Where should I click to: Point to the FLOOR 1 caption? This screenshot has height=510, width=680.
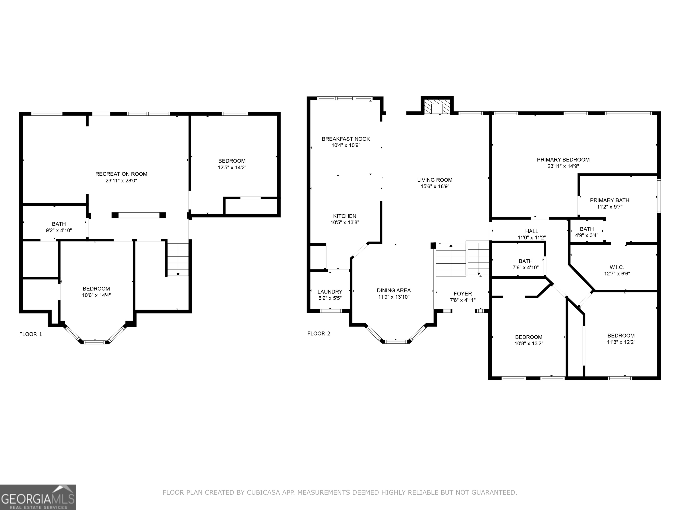(30, 334)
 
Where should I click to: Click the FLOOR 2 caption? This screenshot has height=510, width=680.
(319, 334)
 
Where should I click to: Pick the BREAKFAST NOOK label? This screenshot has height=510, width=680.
(346, 139)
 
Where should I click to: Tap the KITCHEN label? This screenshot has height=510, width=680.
(345, 216)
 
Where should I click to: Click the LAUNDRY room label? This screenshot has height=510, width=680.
(330, 292)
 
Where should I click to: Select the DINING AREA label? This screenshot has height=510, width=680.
(394, 290)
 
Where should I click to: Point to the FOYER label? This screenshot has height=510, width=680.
(463, 294)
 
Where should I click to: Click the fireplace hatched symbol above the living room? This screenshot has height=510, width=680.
(437, 106)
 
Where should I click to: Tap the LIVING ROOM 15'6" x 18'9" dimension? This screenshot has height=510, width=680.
(435, 186)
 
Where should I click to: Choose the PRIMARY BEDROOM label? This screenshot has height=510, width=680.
(563, 160)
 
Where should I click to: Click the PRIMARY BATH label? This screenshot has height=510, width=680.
(610, 200)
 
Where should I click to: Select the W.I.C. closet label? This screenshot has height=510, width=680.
(617, 267)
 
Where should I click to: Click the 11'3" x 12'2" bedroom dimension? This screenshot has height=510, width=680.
(621, 342)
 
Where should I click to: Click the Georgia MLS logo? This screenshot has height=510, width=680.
(38, 497)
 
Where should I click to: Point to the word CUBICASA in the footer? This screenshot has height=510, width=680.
(263, 493)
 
